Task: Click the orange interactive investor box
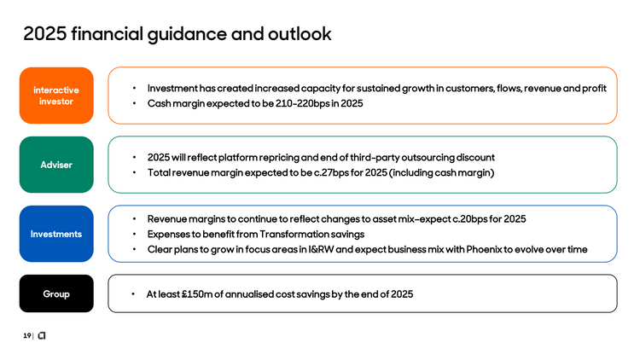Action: click(56, 96)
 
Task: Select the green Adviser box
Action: click(56, 164)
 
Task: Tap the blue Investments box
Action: click(56, 234)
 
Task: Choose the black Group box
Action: click(56, 294)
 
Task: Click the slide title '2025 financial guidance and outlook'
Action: click(177, 35)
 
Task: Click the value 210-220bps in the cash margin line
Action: click(295, 104)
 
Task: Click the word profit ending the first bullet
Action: click(593, 89)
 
